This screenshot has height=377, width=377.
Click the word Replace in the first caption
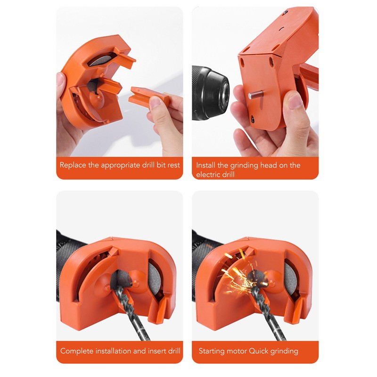[73, 165]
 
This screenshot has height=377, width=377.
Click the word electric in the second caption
[209, 174]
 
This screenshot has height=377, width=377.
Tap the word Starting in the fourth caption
[213, 351]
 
